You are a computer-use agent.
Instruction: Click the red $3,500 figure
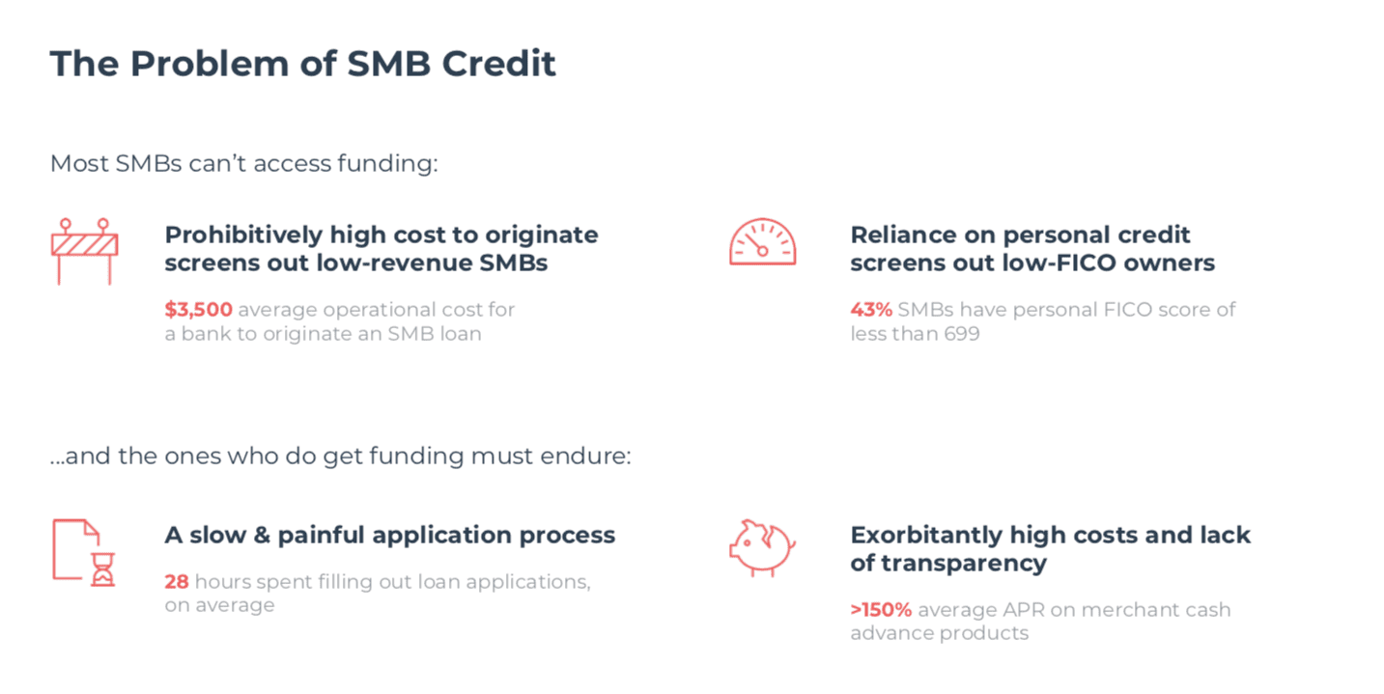[x=198, y=309]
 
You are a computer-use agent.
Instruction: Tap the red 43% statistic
[x=871, y=309]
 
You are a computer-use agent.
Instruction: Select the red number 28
[x=177, y=582]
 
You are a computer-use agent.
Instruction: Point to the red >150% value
[x=881, y=610]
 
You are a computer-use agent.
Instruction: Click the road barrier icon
[x=85, y=251]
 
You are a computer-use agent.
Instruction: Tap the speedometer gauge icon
[x=762, y=241]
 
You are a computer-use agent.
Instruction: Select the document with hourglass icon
[x=83, y=552]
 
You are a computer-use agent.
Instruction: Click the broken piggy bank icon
[x=762, y=547]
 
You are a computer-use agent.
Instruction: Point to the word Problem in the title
[x=210, y=64]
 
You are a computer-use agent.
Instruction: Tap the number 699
[x=962, y=334]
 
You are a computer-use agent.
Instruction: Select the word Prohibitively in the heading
[x=243, y=236]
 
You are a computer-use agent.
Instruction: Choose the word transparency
[x=964, y=564]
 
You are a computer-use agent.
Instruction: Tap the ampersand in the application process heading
[x=262, y=536]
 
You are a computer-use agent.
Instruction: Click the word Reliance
[x=901, y=236]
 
